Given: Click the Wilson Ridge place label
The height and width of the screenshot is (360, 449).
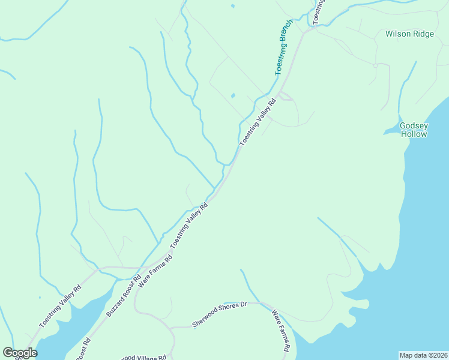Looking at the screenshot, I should [409, 34].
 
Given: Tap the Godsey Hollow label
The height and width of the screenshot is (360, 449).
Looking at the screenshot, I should [414, 130].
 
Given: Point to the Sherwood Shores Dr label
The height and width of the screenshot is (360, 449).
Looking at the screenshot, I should [220, 314].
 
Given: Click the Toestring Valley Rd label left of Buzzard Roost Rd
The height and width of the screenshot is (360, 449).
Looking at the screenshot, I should [60, 305].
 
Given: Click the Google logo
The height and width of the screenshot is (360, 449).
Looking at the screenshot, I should [20, 353].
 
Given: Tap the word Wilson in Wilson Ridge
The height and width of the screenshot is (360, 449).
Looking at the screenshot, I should [397, 34].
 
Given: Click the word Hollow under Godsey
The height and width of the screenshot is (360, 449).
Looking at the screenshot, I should [414, 134].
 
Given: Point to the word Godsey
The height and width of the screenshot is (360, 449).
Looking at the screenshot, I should [414, 125].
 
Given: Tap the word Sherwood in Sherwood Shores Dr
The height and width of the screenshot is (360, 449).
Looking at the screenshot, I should [205, 320].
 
